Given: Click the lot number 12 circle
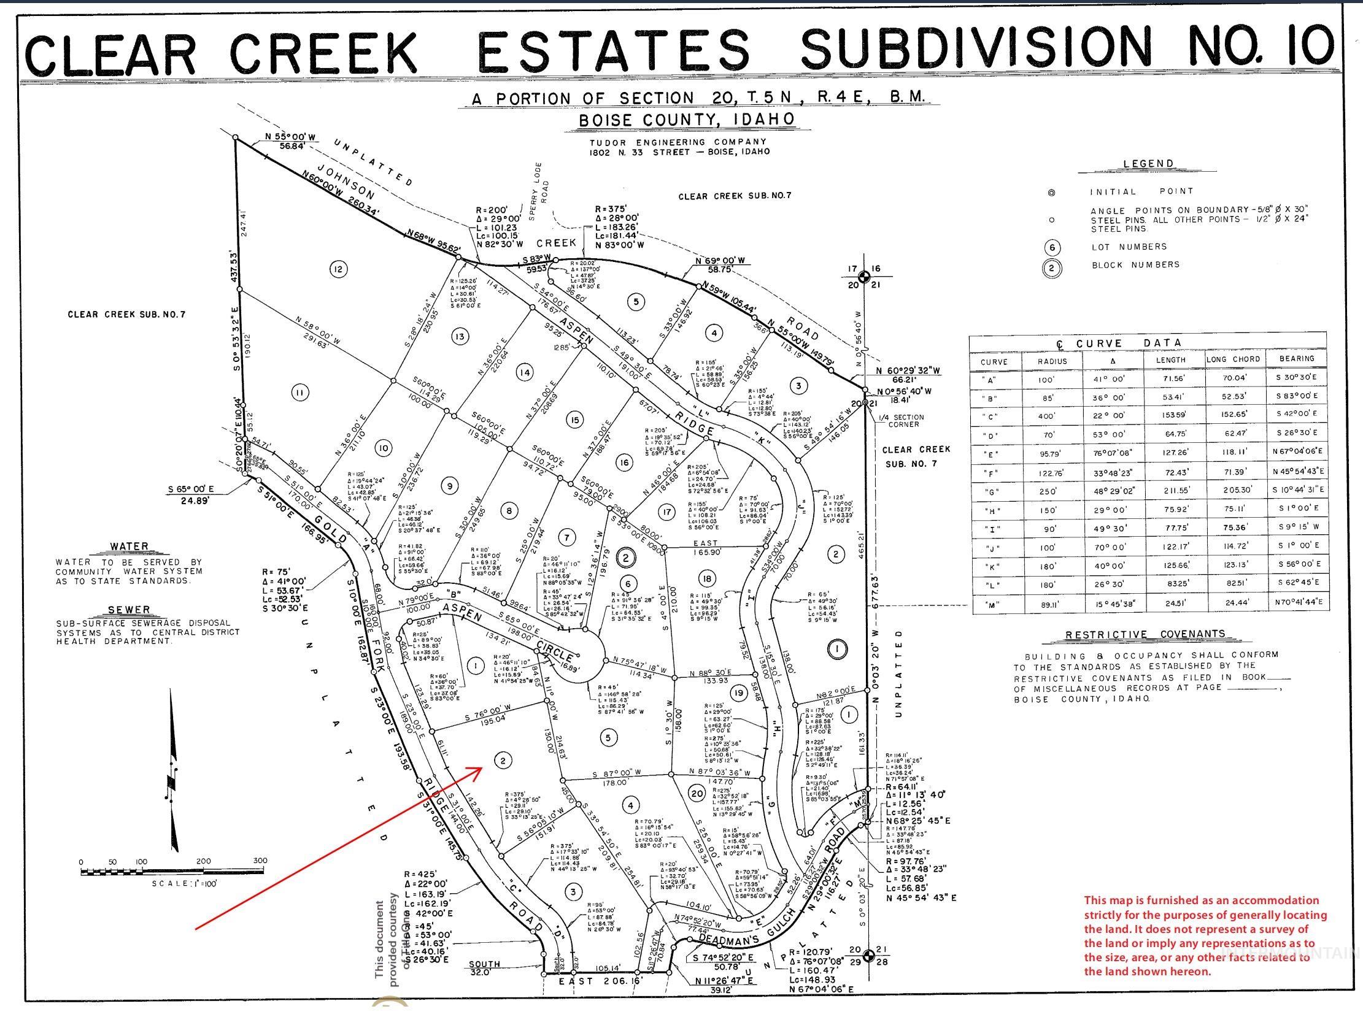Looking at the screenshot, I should click(x=338, y=269).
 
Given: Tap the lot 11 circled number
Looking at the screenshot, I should click(x=300, y=392).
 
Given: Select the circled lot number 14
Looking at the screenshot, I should click(x=525, y=372).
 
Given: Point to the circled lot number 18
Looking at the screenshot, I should click(x=706, y=577).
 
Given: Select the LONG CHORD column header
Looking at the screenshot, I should click(x=1234, y=359).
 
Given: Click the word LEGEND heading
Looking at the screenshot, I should click(x=1148, y=164).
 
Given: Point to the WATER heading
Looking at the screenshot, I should click(x=129, y=547).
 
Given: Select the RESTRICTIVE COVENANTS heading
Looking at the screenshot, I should click(x=1145, y=635).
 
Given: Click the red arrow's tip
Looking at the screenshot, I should click(x=482, y=768).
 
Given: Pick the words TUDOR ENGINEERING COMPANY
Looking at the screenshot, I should click(x=678, y=142).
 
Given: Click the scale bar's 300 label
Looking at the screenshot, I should click(x=260, y=861).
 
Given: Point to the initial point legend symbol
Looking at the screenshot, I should click(x=1051, y=193).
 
